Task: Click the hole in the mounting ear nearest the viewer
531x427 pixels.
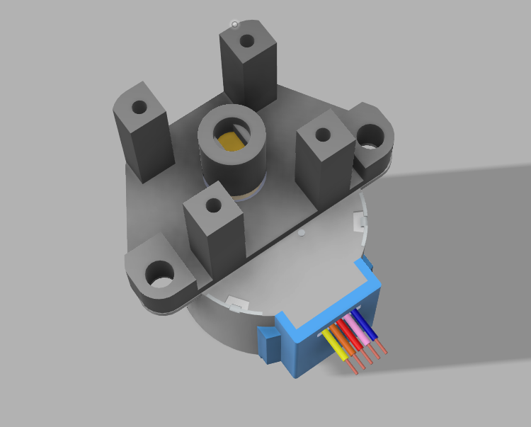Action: (x=161, y=273)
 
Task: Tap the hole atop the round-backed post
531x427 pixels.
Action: (x=139, y=108)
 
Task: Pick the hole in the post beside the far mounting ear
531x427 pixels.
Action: (x=322, y=134)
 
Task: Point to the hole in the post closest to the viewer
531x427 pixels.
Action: (x=212, y=207)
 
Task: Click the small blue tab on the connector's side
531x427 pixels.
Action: (x=268, y=344)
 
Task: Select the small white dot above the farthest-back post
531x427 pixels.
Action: (x=235, y=24)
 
